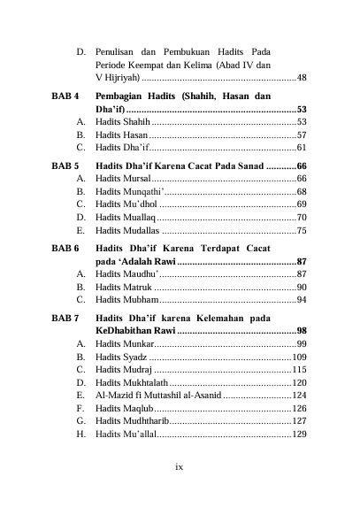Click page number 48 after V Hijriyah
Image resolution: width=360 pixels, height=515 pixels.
[x=302, y=79]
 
